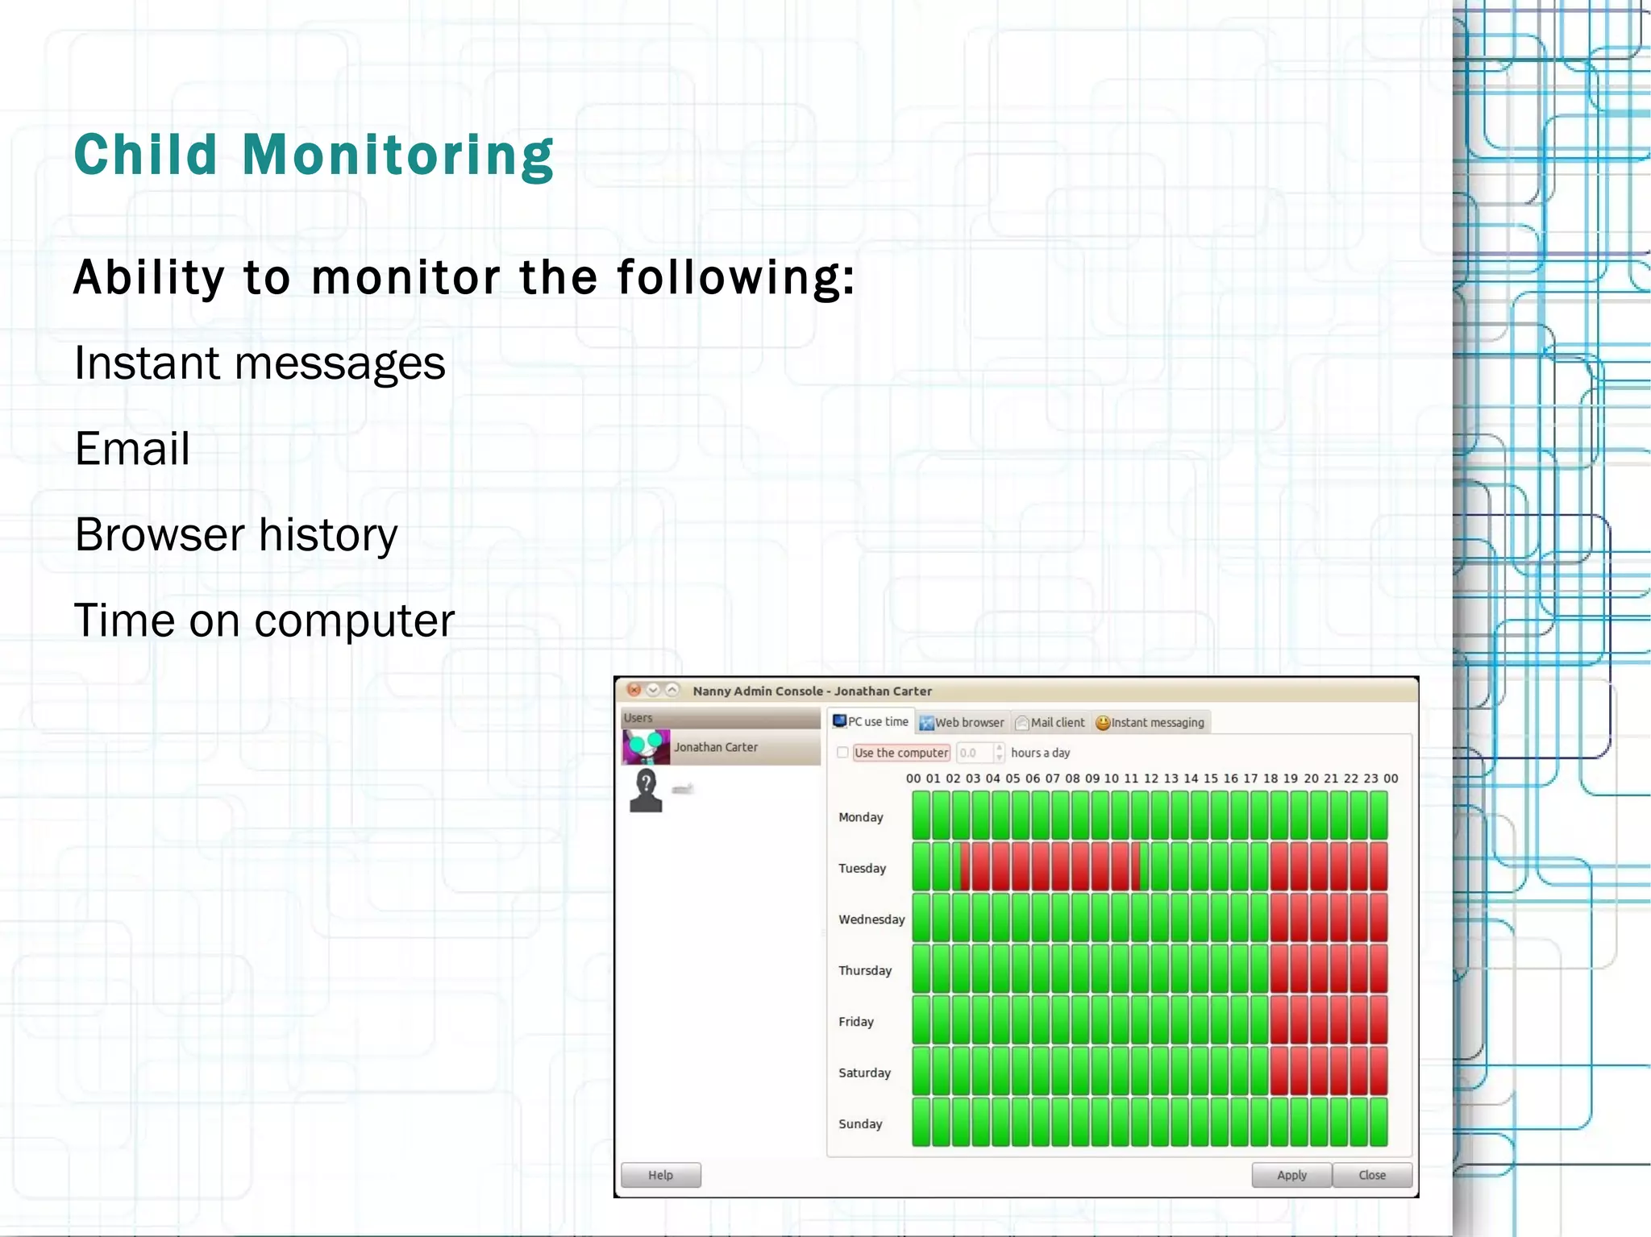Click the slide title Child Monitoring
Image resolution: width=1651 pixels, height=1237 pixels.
(314, 155)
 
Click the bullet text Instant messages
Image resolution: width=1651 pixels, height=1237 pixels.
(260, 363)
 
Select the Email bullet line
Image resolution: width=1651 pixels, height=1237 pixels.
(133, 449)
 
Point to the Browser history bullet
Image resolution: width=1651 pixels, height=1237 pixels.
(236, 535)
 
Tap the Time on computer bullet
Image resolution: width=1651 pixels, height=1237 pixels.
(264, 621)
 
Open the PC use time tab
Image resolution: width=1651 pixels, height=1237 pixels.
(871, 721)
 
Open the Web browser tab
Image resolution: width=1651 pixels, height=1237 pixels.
(963, 723)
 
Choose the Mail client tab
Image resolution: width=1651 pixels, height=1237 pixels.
(1050, 723)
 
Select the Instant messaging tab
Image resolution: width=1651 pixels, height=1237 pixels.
(1150, 723)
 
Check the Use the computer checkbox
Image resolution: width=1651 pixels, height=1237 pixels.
(842, 753)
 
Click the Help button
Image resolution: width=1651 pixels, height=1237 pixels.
(660, 1175)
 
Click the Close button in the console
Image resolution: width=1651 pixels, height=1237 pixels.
(1371, 1175)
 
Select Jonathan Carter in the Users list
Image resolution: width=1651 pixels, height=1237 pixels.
(715, 747)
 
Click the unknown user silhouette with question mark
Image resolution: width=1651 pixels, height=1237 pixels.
(646, 790)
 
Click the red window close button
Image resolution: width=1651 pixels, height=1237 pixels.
(634, 690)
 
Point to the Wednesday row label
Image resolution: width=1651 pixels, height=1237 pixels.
(871, 919)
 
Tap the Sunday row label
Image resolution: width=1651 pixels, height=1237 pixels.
(860, 1123)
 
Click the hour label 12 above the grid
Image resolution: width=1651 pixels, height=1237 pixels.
(1150, 778)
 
